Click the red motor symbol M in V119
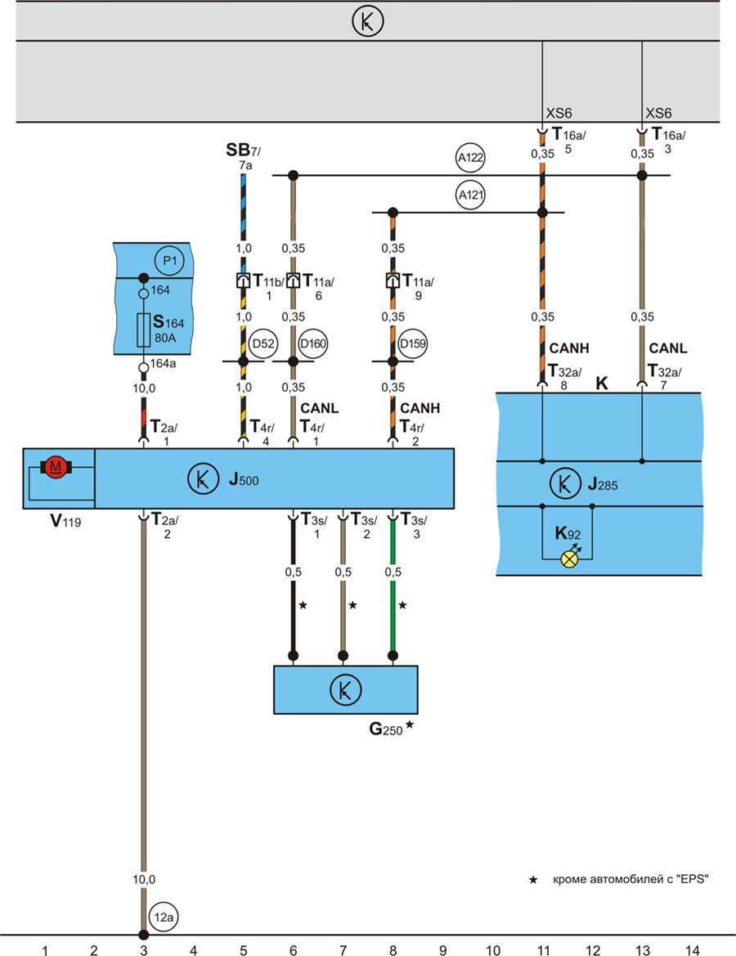click(x=56, y=467)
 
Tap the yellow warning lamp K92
click(x=568, y=559)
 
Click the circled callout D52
click(x=263, y=343)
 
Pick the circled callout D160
click(x=313, y=343)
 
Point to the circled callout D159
click(x=412, y=343)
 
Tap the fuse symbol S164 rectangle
click(x=143, y=328)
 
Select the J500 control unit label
click(x=244, y=479)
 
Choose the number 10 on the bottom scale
click(x=492, y=949)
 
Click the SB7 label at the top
click(x=243, y=151)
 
